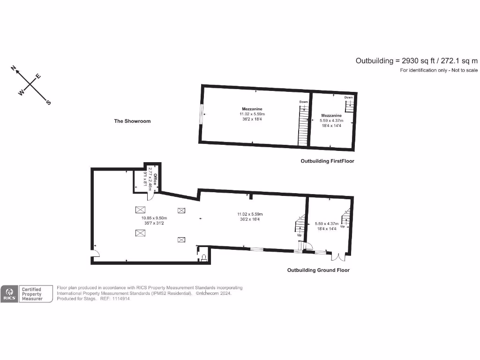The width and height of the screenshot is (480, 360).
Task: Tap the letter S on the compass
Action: [x=48, y=103]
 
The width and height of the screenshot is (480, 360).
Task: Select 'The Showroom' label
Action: [x=133, y=121]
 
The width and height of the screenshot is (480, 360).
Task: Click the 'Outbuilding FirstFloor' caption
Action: [x=327, y=161]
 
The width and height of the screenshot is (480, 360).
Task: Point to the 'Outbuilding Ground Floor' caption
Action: [x=318, y=270]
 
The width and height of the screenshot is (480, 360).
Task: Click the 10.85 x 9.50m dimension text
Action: [x=154, y=217]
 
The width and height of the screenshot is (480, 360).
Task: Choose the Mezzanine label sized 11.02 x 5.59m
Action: [x=252, y=109]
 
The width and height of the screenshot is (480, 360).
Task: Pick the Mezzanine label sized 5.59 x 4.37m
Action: [x=331, y=115]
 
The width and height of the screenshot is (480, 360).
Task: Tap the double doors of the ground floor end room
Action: [x=338, y=257]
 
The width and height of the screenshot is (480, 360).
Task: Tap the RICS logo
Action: [x=9, y=294]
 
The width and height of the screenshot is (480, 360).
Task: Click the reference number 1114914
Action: [x=120, y=299]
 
